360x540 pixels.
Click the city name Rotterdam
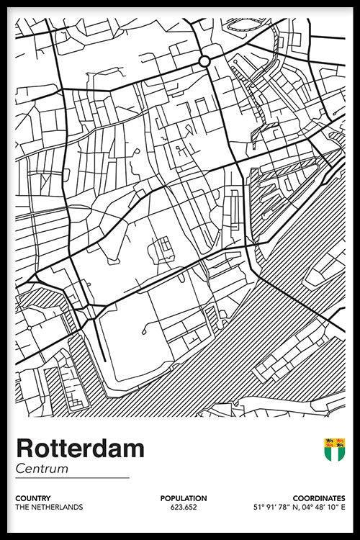coord(79,449)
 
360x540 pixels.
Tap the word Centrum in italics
coord(41,469)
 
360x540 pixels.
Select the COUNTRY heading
coord(32,498)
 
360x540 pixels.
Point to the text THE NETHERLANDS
coord(49,508)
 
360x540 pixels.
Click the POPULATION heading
coord(184,498)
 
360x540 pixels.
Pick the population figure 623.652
coord(184,508)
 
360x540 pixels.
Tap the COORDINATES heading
coord(318,498)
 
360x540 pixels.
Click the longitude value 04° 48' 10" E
coord(321,508)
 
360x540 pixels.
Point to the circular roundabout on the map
coord(204,61)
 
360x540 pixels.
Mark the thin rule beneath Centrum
coord(72,478)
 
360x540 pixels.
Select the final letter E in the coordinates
coord(343,508)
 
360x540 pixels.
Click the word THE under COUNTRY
coord(22,508)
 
